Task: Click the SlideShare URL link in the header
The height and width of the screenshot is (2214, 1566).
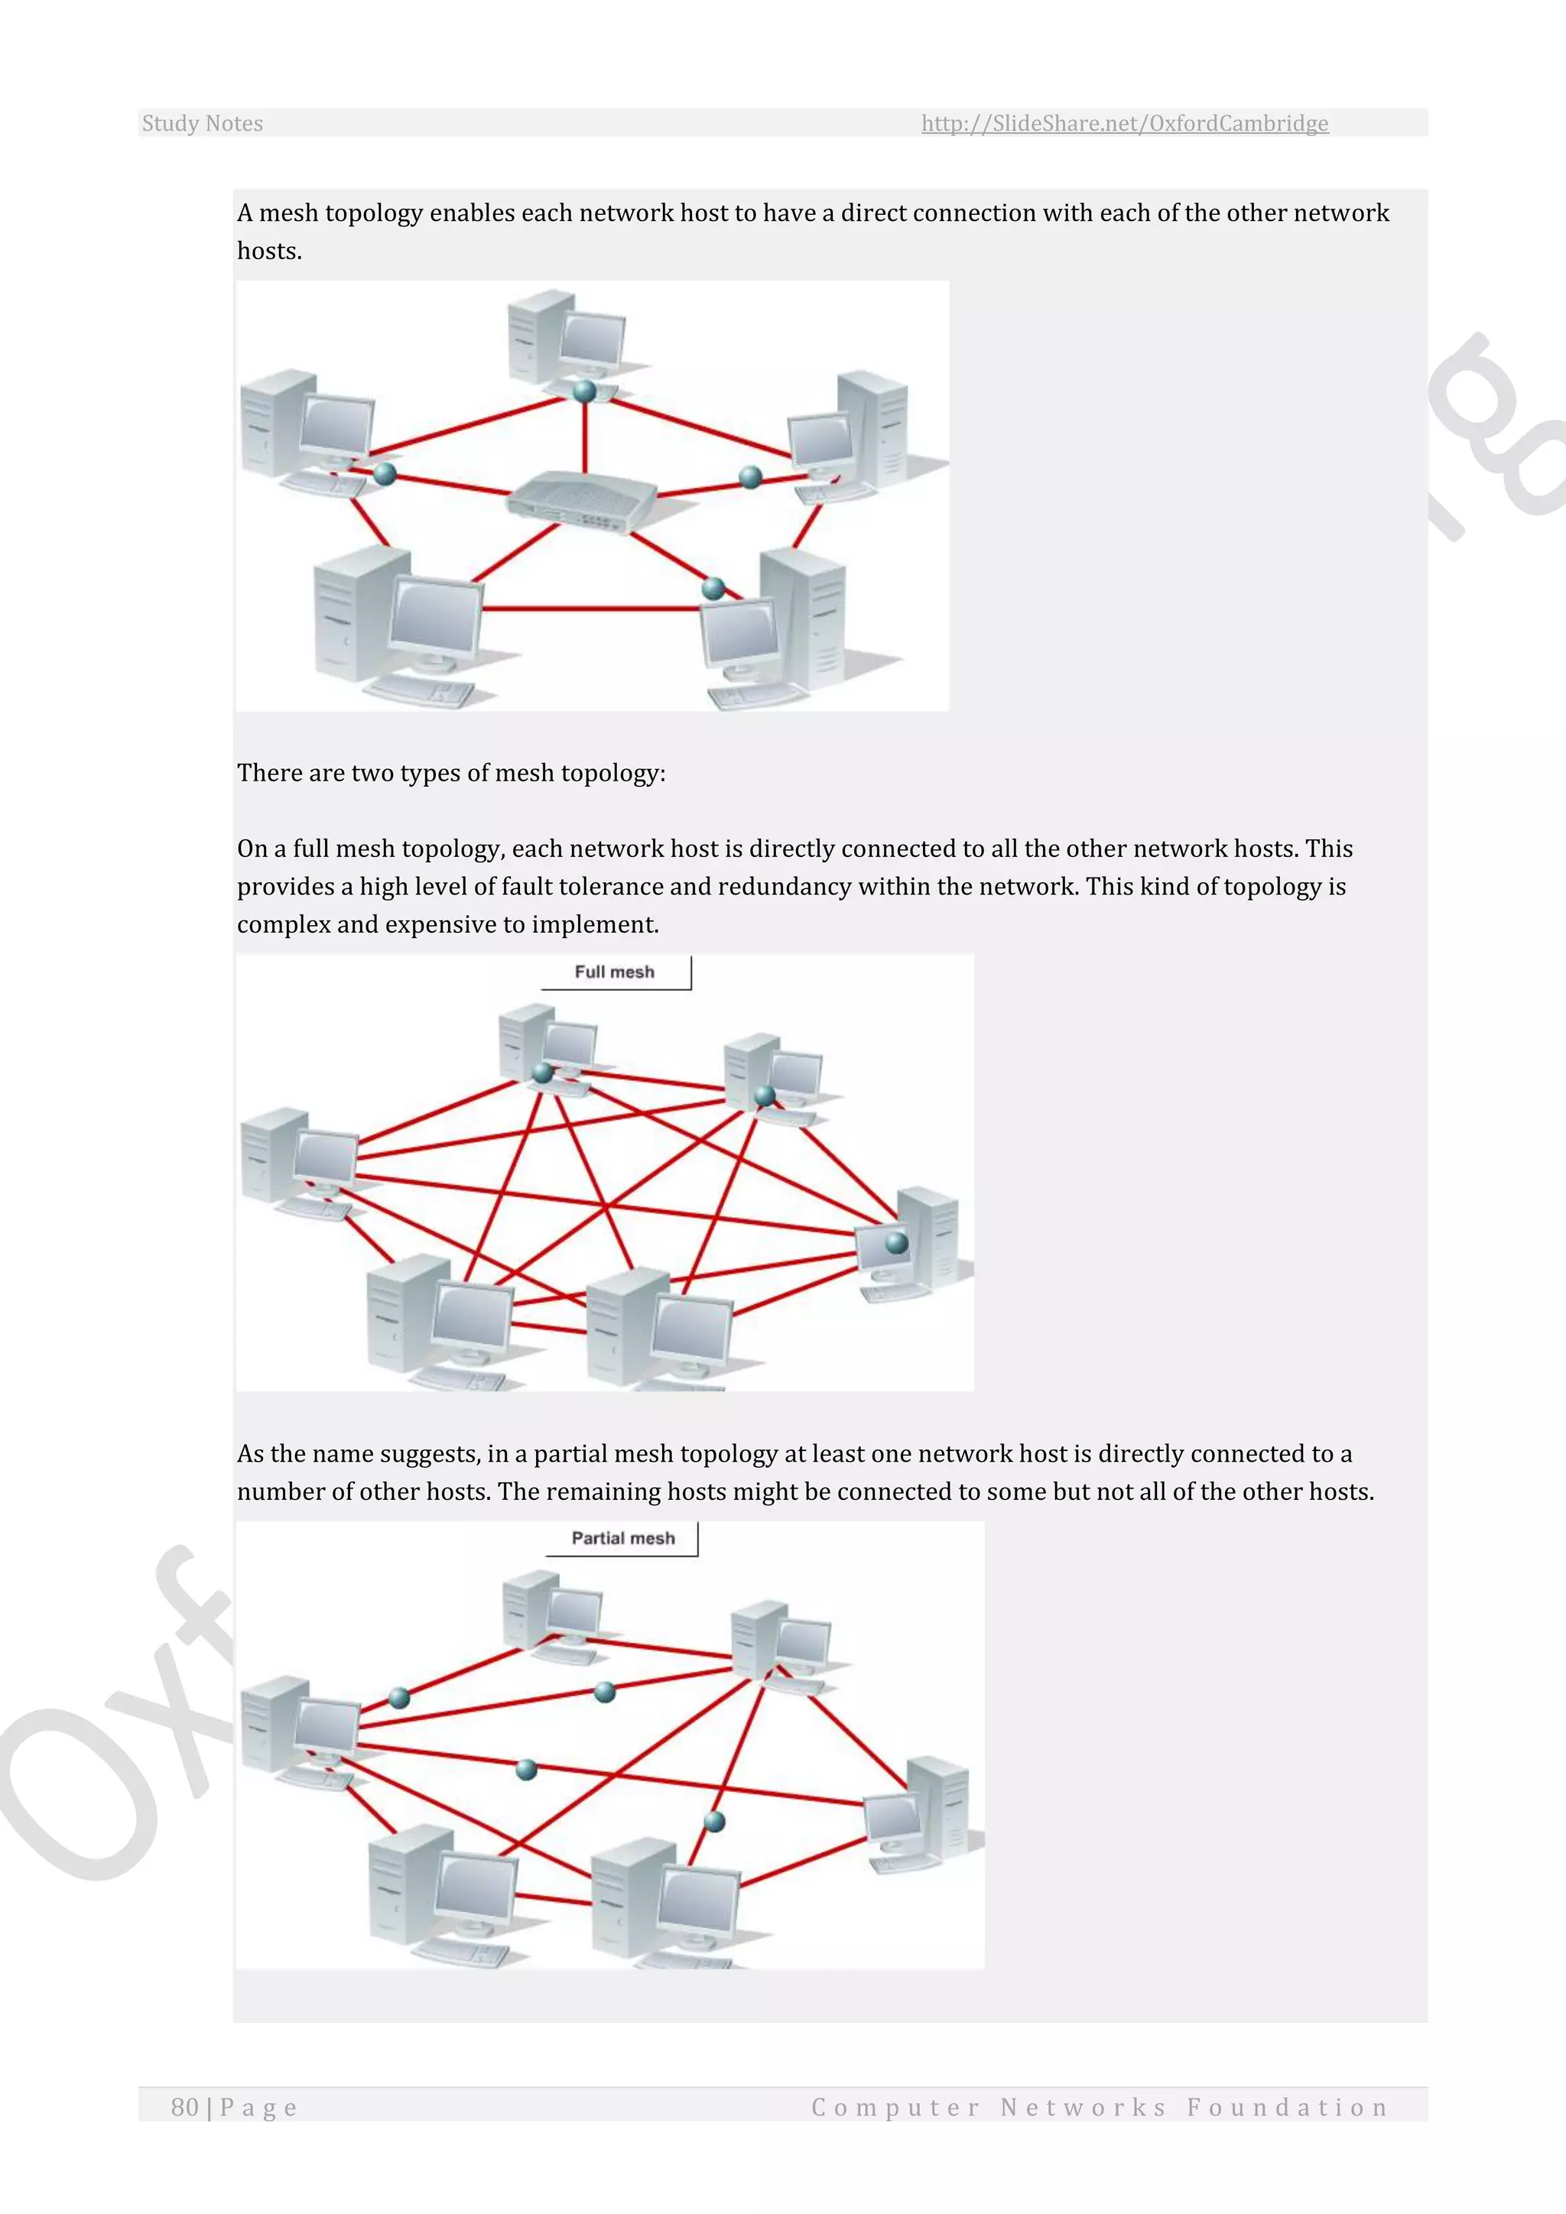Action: (x=1124, y=123)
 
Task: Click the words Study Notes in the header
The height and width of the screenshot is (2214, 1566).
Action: (x=203, y=123)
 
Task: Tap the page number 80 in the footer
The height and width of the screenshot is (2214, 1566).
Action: (x=184, y=2107)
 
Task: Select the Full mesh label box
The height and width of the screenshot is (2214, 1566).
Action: (x=616, y=972)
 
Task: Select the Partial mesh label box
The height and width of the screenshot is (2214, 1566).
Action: (x=623, y=1538)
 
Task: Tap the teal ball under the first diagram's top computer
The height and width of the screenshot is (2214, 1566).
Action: (x=584, y=391)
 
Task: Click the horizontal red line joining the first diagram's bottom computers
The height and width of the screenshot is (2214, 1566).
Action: (x=590, y=609)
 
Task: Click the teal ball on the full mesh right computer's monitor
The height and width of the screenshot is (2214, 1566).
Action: (x=897, y=1242)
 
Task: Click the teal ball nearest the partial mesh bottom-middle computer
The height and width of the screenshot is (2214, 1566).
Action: (x=714, y=1820)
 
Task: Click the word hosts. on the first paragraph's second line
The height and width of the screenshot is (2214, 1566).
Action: (x=270, y=252)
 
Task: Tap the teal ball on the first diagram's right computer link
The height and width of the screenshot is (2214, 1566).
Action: (x=750, y=476)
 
